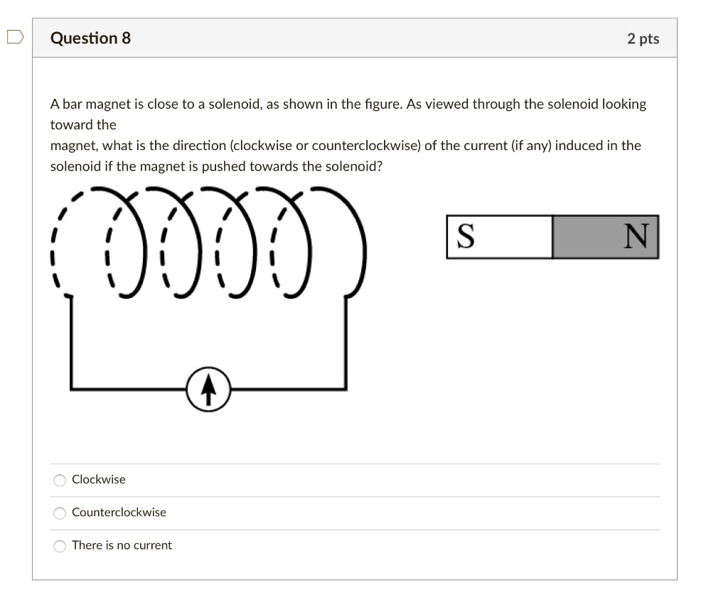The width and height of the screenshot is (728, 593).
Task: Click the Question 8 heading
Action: pos(90,38)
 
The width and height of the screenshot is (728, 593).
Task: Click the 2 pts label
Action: pos(643,38)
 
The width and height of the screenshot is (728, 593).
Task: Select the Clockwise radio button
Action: pos(60,480)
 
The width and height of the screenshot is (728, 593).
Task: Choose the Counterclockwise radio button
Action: pos(60,513)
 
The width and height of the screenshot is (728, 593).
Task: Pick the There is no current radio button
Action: pos(60,546)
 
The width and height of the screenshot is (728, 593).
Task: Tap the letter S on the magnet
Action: pos(465,237)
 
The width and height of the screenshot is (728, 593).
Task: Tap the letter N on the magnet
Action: pos(636,237)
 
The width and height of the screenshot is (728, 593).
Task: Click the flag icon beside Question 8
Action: pos(16,37)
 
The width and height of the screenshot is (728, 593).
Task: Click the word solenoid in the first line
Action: pos(233,105)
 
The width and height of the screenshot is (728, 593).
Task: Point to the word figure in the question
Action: pos(383,105)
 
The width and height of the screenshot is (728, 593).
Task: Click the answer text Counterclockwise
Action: pos(119,513)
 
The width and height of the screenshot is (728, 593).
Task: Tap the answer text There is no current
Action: pos(122,545)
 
